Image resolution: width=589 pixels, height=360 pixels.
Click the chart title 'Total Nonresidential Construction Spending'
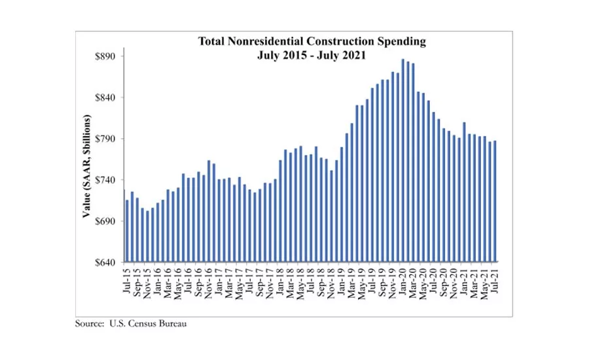312,41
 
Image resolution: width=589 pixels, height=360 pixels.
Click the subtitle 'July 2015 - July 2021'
312,55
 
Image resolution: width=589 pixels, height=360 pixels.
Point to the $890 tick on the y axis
107,57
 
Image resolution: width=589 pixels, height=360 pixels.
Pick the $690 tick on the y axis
107,222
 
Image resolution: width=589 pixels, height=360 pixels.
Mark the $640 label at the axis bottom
107,263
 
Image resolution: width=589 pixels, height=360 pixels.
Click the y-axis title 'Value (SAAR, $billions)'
86,167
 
